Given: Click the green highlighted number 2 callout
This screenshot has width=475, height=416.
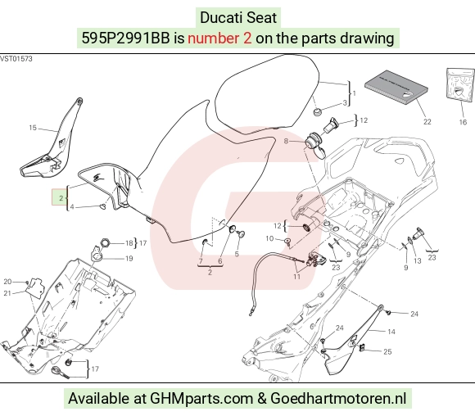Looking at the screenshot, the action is coord(60,197).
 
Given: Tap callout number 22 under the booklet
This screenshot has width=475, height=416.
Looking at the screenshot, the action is coord(427,121).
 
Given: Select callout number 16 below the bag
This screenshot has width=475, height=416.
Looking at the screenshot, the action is coord(463,122).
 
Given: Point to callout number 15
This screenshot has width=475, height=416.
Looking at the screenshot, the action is coord(33,128).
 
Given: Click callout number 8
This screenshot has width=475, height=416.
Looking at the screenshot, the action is coord(286,141).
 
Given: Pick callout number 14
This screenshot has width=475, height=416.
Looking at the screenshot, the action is coord(391,332).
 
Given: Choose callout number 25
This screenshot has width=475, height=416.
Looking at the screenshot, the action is coord(387,351).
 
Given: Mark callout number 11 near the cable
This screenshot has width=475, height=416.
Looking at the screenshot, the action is coord(296,276).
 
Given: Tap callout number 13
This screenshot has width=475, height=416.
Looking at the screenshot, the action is coord(418,260).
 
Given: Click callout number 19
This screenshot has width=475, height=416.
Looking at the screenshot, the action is coord(129,258).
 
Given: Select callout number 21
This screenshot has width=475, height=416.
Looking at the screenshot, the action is coord(7,293).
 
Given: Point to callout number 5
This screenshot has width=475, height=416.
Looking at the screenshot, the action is coord(237,254).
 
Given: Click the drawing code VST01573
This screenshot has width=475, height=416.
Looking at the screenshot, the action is coord(16,59).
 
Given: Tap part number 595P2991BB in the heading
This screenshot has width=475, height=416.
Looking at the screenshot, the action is coord(125,38).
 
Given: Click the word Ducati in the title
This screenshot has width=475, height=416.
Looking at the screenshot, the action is coord(218,17).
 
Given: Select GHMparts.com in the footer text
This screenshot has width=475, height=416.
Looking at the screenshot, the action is coord(201,398).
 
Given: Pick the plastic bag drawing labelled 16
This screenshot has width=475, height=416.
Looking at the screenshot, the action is coord(460,84).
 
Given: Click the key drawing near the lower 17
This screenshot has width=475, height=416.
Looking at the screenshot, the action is coord(60,373).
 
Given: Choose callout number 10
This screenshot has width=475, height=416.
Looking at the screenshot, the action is coord(269,238).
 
